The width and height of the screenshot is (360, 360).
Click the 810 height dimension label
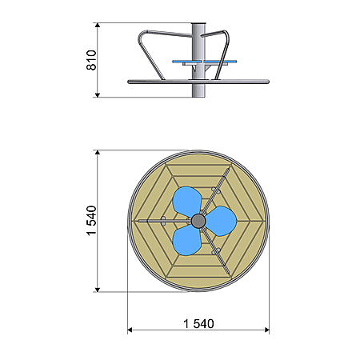coord(91,60)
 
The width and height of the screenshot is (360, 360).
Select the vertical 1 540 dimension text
coord(91,221)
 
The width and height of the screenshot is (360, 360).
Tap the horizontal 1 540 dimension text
coord(198,324)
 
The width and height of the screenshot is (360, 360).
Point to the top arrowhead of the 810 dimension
coord(98,25)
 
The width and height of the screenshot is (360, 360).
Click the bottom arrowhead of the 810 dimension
coord(98,95)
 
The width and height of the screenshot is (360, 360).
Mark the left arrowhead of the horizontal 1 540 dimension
coord(130,330)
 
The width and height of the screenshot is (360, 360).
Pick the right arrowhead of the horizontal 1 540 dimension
coord(267,330)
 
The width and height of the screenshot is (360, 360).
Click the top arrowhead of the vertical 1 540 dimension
coord(98,152)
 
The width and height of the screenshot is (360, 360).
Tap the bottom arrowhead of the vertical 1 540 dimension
coord(98,290)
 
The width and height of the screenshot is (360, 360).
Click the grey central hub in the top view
coord(198,221)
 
